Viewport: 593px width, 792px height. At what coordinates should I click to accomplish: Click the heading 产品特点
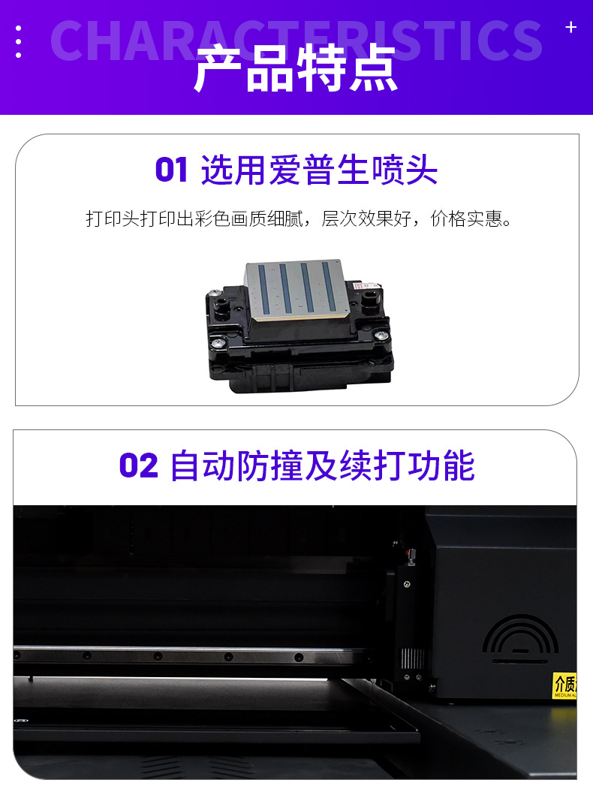tap(296, 69)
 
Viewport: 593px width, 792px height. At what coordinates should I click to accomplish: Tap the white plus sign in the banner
tap(570, 27)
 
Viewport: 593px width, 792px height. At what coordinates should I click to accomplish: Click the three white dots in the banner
tap(18, 41)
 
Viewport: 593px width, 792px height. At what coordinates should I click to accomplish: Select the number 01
tap(171, 170)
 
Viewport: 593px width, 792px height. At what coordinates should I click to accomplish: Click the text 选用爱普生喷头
tap(319, 170)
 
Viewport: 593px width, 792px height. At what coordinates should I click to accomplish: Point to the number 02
tap(139, 465)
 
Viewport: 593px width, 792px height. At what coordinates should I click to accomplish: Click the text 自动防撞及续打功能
tap(323, 465)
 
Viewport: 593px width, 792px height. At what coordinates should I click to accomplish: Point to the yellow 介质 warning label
tap(564, 685)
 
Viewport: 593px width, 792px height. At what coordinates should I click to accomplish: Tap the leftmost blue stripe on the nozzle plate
tap(263, 288)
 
